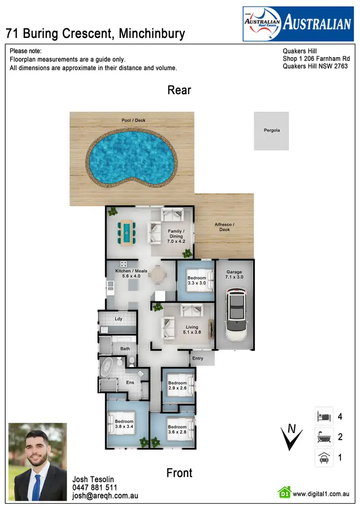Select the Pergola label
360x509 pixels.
click(271, 130)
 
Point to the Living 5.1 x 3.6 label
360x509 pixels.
click(192, 330)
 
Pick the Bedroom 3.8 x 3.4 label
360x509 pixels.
click(124, 424)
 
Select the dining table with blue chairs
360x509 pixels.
click(126, 233)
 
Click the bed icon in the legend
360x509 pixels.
click(324, 416)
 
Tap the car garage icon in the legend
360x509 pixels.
click(324, 458)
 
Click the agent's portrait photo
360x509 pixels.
click(37, 462)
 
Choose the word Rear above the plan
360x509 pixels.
click(180, 90)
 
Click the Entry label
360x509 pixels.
click(197, 358)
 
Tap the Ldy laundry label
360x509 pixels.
click(118, 319)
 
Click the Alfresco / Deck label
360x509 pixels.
click(225, 227)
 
